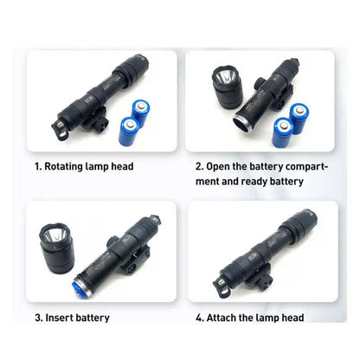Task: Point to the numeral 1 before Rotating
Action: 37,165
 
